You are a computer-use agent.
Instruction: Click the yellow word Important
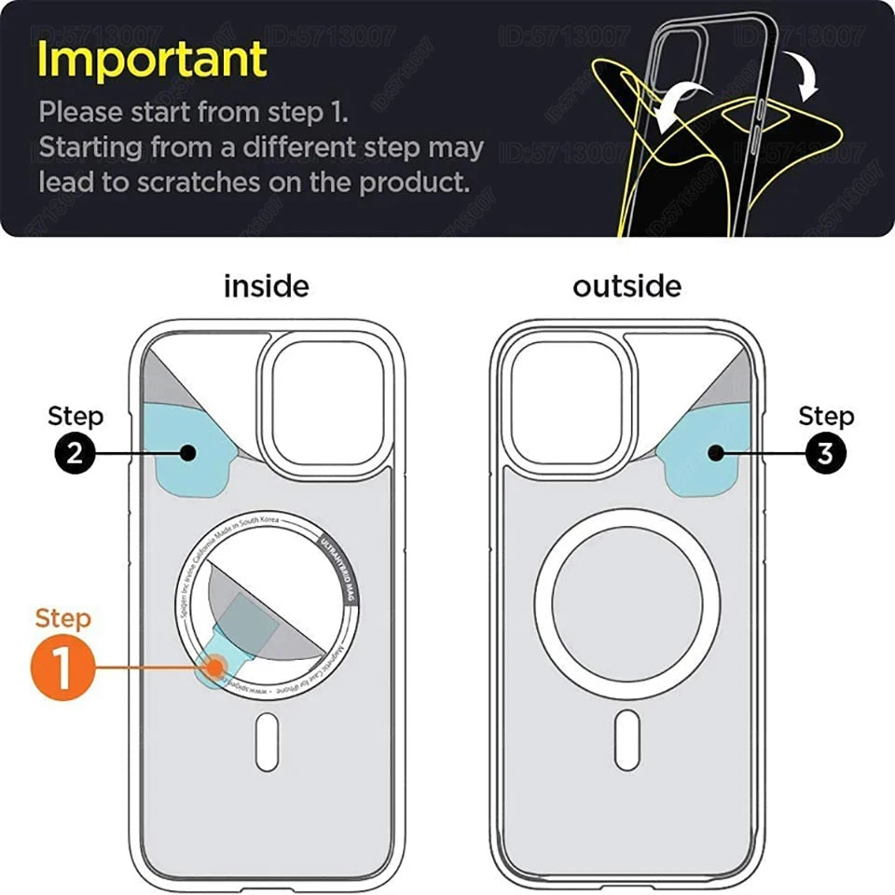click(152, 60)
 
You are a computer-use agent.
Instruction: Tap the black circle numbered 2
click(75, 454)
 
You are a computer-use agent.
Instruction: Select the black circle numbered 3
click(825, 454)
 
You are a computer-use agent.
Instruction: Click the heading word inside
click(266, 286)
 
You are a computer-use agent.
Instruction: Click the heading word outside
click(626, 286)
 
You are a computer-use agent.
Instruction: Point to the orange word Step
click(63, 619)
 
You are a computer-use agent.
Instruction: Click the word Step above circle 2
click(76, 416)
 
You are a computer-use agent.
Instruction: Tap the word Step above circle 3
click(826, 416)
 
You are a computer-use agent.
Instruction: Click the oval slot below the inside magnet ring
click(267, 741)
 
